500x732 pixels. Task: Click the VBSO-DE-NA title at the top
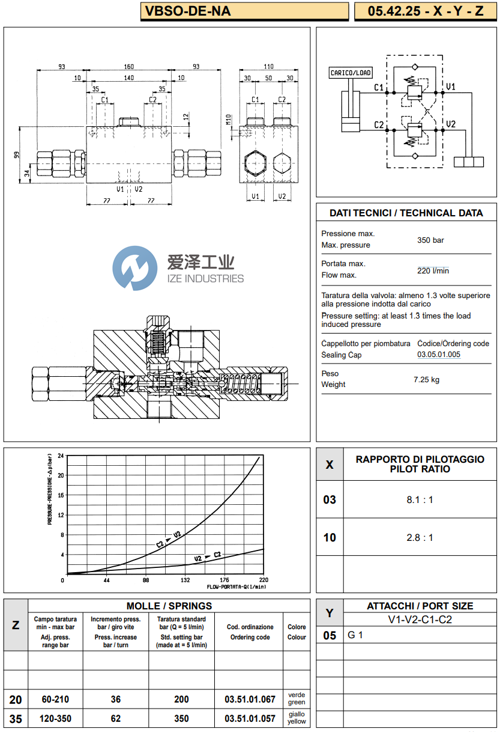pos(185,11)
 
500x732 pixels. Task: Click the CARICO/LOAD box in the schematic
pos(351,73)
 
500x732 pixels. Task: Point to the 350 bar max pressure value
pos(430,240)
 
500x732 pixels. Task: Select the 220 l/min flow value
pos(433,270)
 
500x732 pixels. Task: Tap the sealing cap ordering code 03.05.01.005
pos(439,355)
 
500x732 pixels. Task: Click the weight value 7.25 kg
pos(426,379)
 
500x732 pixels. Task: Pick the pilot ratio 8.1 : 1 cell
pos(420,499)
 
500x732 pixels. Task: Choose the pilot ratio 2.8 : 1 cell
pos(420,537)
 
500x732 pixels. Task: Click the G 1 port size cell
pos(356,635)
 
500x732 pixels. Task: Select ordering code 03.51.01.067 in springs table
pos(250,699)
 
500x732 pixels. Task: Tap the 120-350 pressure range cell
pos(55,718)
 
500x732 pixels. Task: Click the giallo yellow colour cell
pos(297,718)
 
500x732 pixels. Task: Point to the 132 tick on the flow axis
pos(185,580)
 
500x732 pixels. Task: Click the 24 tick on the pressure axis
pos(61,457)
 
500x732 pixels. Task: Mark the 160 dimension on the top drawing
pos(128,67)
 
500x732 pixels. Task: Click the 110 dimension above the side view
pos(268,67)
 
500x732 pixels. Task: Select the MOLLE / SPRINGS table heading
pos(169,606)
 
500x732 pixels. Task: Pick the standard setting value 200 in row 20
pos(181,699)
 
